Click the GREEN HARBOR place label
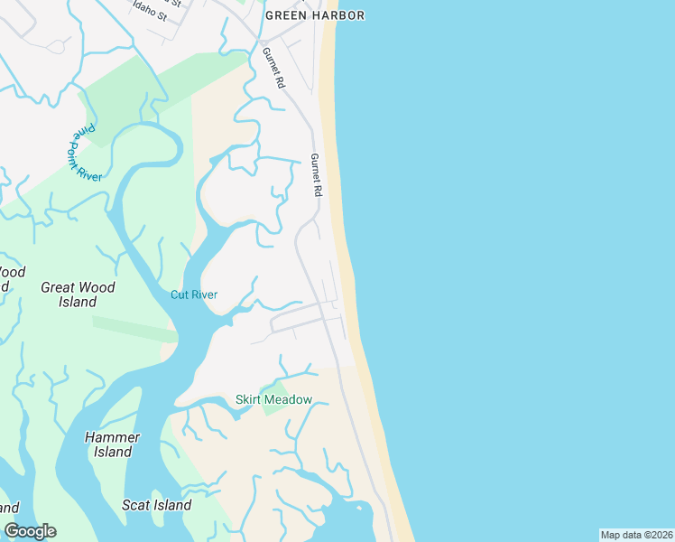315,15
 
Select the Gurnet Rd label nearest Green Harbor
273,68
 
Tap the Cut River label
194,294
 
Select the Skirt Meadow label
273,399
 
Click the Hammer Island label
112,444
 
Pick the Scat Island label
157,505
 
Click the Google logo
30,531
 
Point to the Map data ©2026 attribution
636,535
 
